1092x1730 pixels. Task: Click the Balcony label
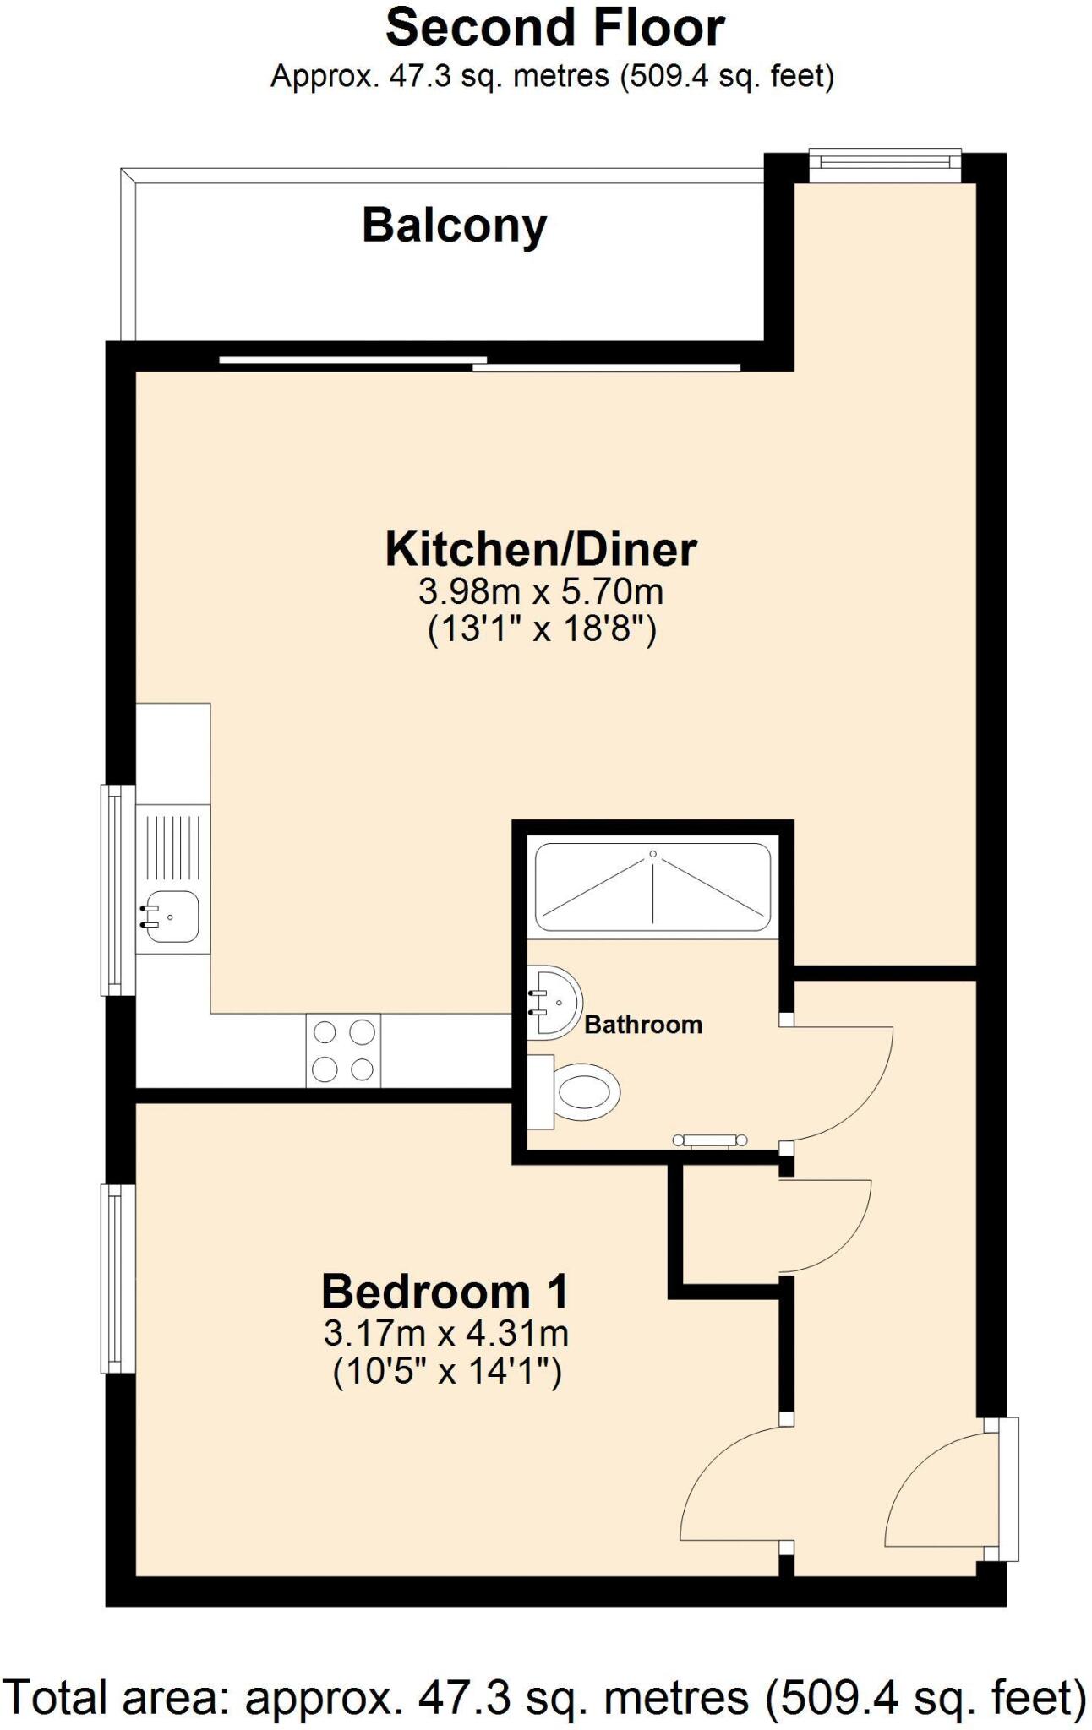point(455,226)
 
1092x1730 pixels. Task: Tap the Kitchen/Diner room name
point(541,549)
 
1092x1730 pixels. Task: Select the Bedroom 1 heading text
point(445,1292)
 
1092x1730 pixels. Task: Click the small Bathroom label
point(643,1025)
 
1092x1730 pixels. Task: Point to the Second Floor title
point(554,27)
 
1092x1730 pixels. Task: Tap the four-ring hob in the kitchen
point(343,1050)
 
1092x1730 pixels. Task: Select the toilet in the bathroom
point(583,1092)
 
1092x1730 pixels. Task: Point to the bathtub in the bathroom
point(652,886)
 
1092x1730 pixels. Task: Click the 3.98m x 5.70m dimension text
point(541,591)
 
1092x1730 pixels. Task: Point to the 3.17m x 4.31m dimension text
point(445,1334)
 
